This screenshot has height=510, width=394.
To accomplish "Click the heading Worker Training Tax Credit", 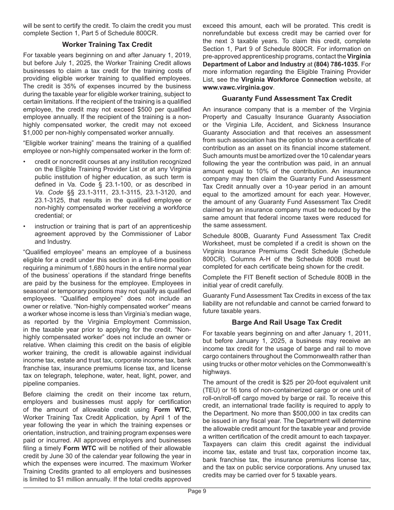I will click(x=107, y=44).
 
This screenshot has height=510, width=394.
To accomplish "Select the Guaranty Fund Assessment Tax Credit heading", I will click(x=287, y=98).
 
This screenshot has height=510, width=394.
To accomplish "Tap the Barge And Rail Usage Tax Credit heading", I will click(x=287, y=322).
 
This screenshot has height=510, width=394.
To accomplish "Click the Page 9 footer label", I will click(x=197, y=491).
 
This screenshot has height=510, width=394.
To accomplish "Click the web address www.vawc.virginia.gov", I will click(x=238, y=87).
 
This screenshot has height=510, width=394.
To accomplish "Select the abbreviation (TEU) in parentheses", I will click(x=211, y=390).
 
